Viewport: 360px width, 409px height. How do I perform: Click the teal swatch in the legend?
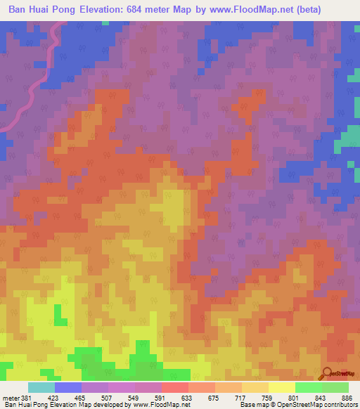pos(41,387)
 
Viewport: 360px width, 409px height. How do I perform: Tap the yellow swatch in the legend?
pos(282,387)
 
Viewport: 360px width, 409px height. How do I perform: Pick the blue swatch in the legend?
pos(68,387)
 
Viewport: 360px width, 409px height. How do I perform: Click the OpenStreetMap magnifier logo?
pos(328,372)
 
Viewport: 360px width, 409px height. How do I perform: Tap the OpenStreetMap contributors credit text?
pos(316,405)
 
